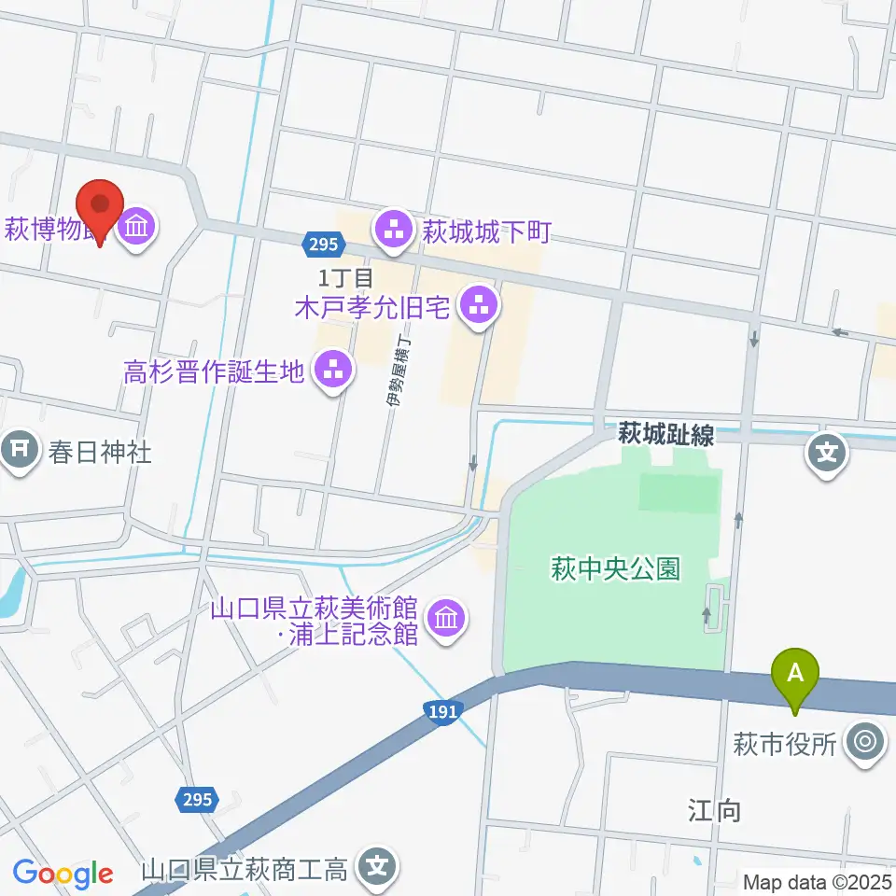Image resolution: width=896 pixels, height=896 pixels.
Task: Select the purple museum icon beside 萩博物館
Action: [138, 227]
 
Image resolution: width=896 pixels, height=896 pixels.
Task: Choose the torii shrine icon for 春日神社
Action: [19, 453]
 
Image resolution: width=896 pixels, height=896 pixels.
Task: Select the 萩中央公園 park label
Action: [615, 568]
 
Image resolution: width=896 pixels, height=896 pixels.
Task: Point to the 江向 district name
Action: [716, 810]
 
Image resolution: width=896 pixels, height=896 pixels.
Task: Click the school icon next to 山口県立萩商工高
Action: [378, 870]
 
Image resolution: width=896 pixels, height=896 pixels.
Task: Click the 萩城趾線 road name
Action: [666, 434]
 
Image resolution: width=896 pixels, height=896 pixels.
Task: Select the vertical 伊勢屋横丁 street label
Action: [398, 371]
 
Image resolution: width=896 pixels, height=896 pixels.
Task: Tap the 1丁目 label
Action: [345, 276]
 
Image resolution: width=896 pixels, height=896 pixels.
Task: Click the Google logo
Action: [63, 874]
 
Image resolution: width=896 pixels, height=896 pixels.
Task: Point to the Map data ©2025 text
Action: [819, 881]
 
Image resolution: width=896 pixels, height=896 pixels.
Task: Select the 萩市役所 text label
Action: [786, 744]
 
